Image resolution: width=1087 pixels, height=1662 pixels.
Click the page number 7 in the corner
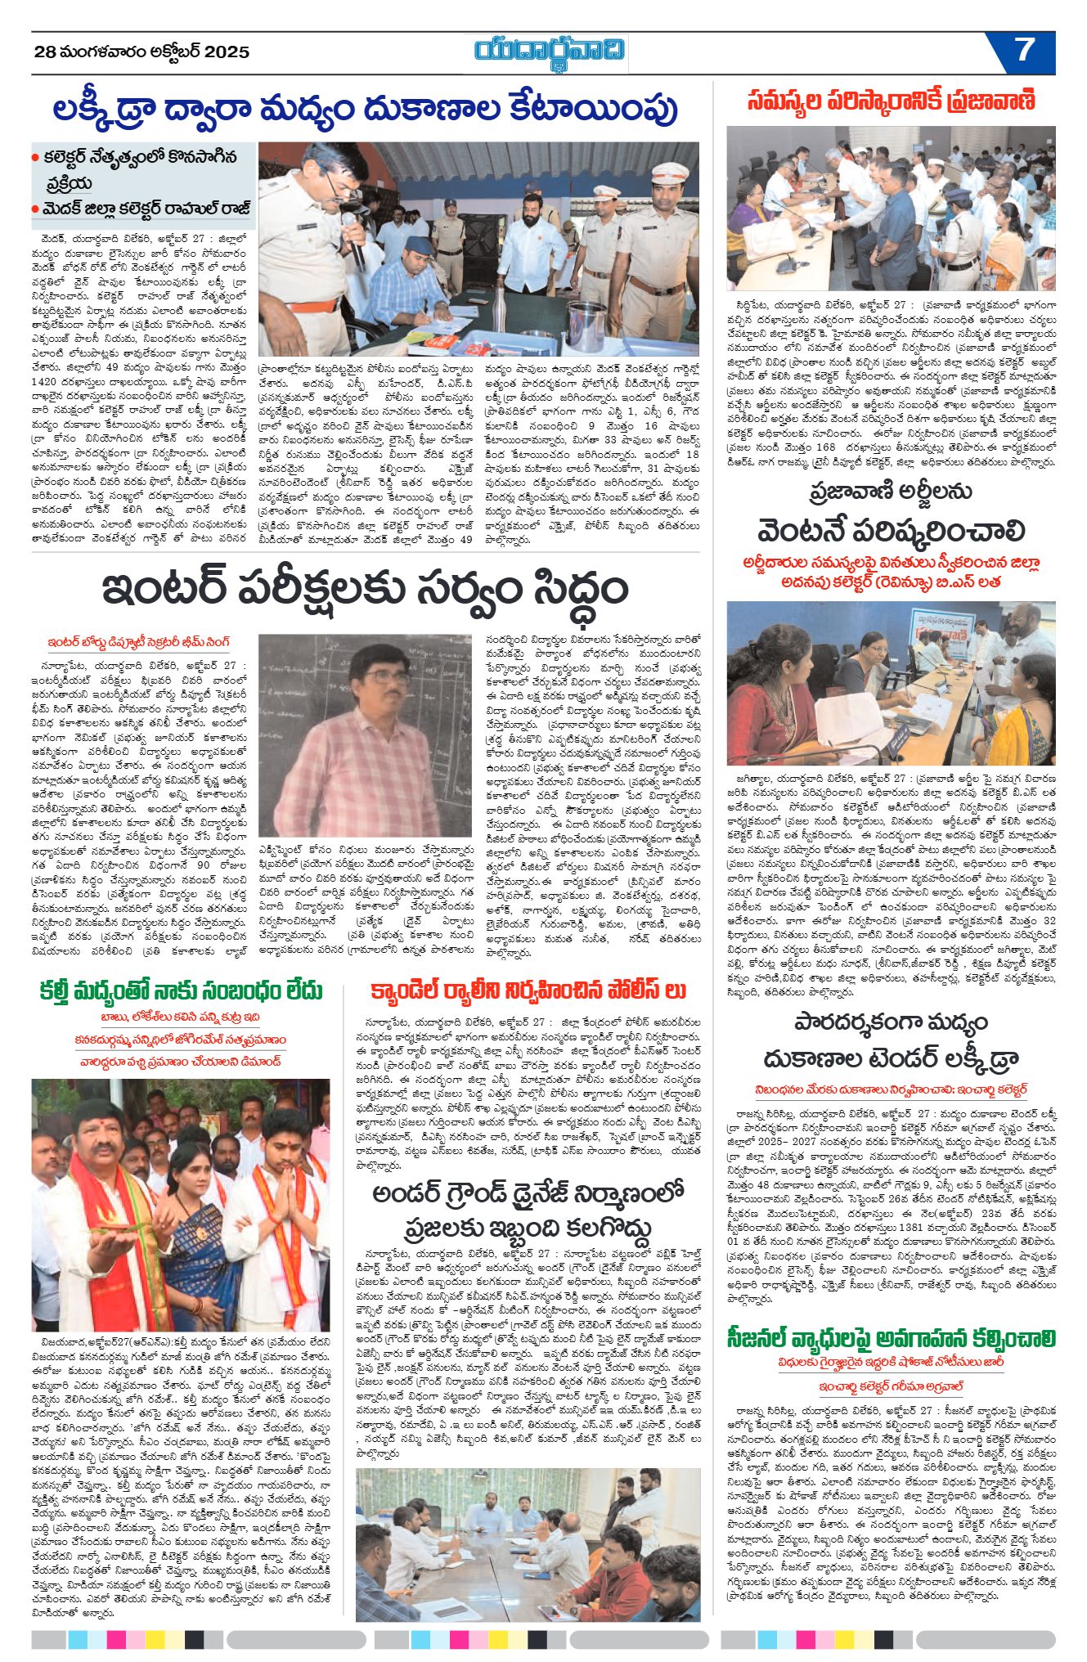(1024, 51)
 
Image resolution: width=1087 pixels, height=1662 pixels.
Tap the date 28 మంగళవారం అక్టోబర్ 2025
(141, 52)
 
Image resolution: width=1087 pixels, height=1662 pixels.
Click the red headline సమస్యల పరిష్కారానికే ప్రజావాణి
(891, 101)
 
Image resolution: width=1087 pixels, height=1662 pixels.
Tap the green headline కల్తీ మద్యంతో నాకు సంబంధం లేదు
(181, 990)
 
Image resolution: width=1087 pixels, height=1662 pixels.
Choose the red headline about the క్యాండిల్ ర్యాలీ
(528, 991)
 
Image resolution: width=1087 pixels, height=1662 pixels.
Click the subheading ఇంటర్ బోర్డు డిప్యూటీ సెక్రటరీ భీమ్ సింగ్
(139, 642)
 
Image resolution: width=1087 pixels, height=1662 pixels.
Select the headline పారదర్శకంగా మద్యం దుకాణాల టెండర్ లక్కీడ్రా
(891, 1040)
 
